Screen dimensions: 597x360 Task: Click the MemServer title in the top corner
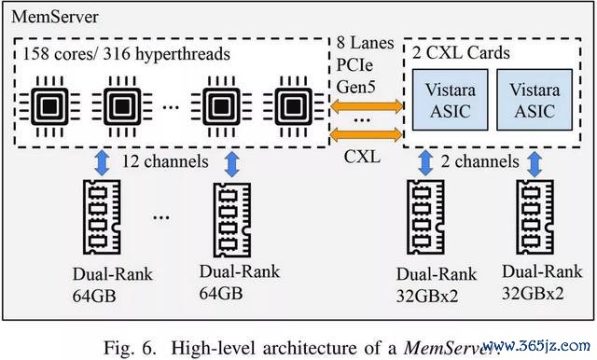tap(55, 17)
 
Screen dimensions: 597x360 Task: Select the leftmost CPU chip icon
tap(49, 106)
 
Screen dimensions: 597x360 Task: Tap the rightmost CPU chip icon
tap(293, 106)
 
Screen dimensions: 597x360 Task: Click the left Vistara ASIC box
tap(450, 100)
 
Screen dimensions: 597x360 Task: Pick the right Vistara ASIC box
tap(535, 100)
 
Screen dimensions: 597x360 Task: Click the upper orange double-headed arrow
tap(367, 106)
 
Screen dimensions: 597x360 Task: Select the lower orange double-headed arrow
tap(367, 134)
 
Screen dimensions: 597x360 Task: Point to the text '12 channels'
tap(165, 161)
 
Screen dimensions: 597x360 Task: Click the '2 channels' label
tap(480, 161)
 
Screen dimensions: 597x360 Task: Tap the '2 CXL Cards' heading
tap(461, 52)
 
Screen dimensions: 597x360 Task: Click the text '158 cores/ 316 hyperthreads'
tap(127, 54)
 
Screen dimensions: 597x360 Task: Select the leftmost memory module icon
tap(102, 217)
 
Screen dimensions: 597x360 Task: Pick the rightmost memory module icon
tap(535, 217)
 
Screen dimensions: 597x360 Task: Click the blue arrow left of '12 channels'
tap(102, 163)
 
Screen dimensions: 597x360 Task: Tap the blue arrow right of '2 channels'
tap(535, 164)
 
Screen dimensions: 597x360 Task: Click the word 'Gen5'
tap(356, 87)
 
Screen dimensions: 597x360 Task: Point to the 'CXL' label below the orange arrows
tap(362, 156)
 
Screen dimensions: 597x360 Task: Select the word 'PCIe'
tap(354, 65)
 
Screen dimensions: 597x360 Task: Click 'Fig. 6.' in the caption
tap(131, 348)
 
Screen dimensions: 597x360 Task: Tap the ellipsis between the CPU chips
tap(171, 107)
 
